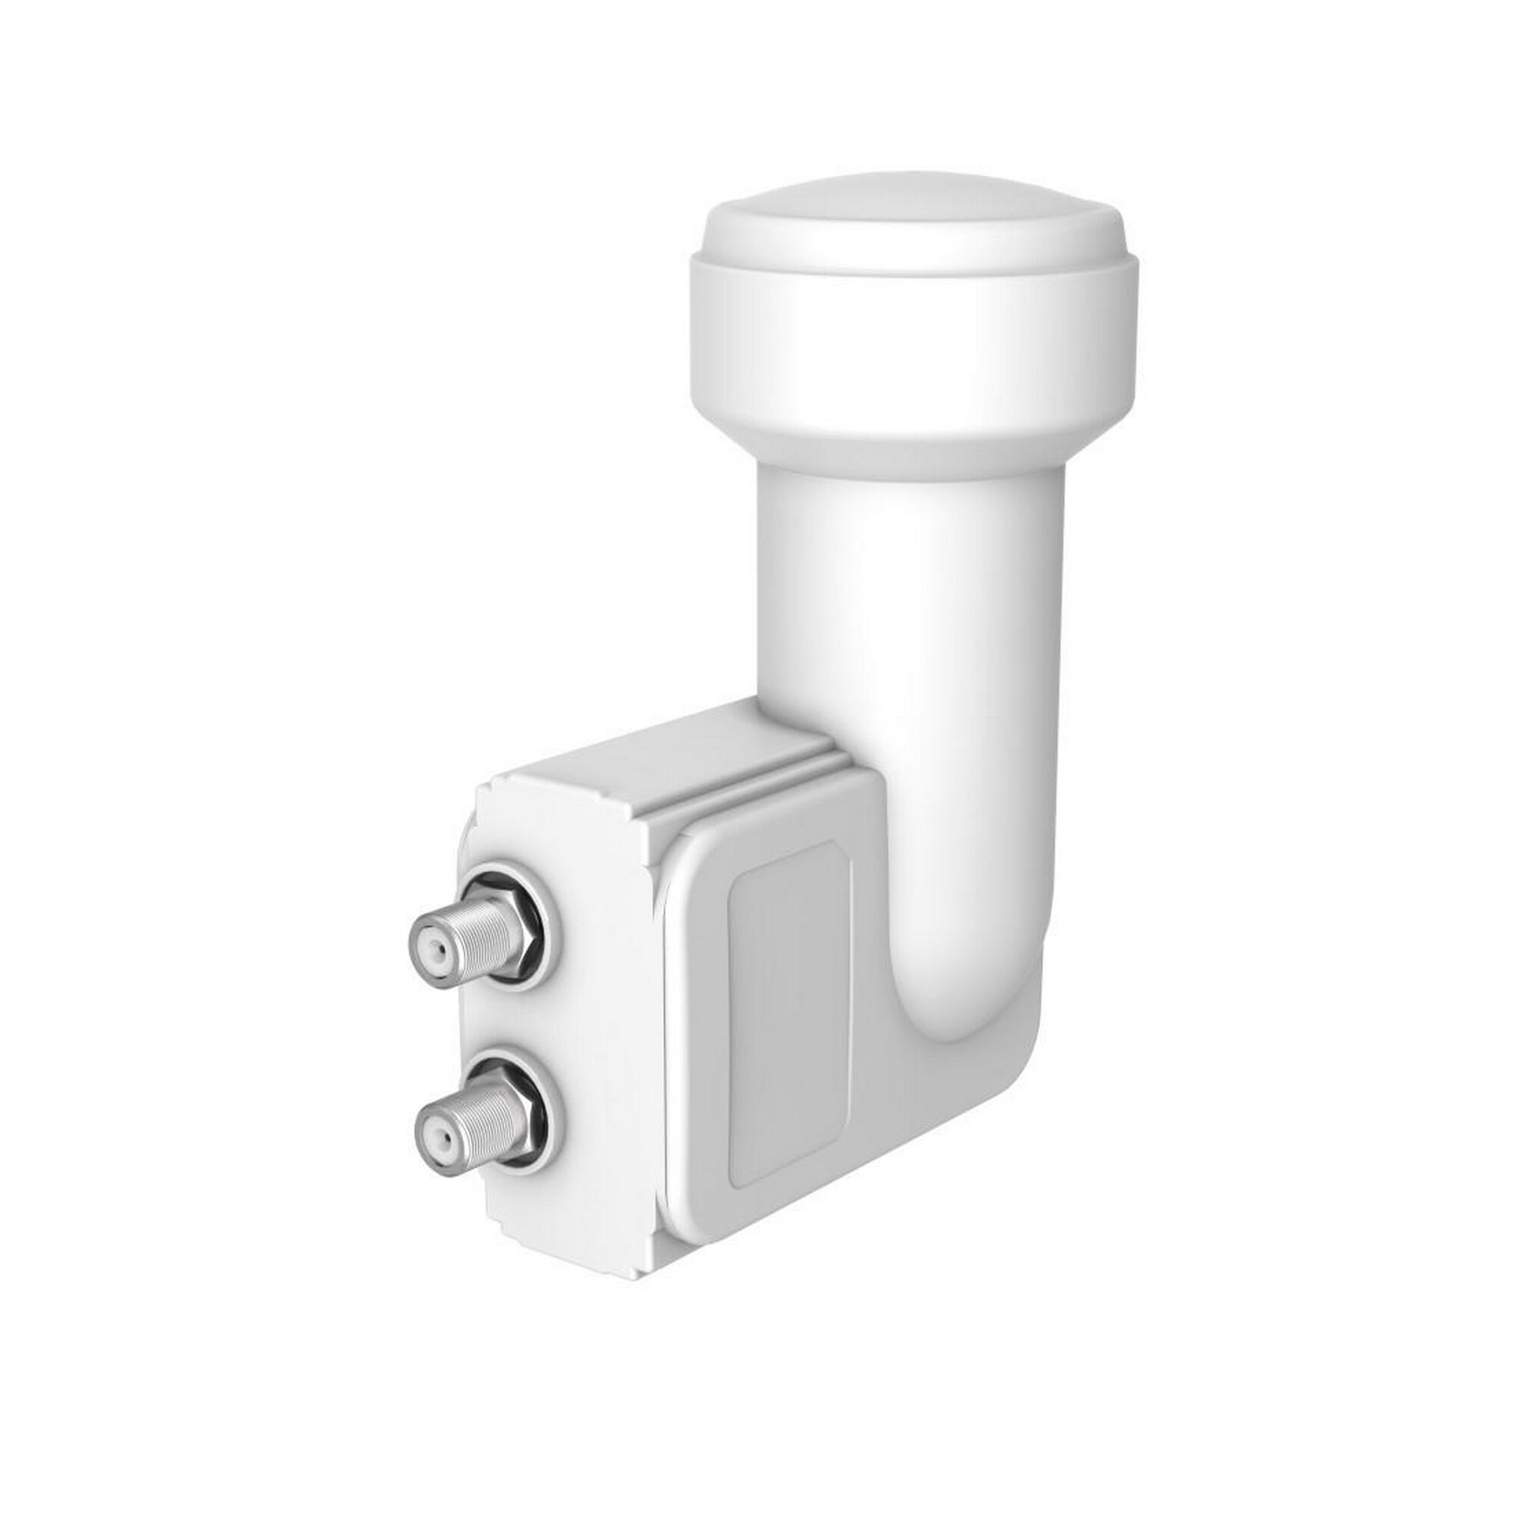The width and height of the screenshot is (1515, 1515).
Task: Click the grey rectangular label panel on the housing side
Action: [x=788, y=1035]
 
